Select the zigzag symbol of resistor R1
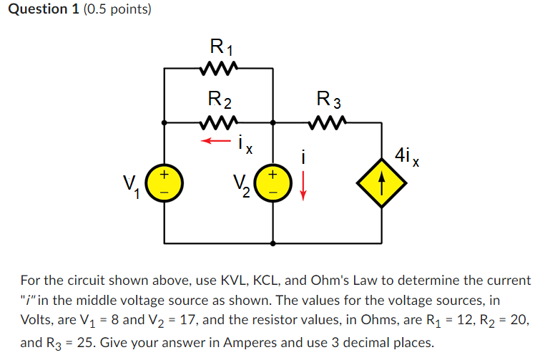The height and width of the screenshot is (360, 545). tap(219, 69)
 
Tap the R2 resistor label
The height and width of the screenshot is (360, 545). tap(219, 99)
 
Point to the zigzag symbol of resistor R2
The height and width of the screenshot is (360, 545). tap(219, 122)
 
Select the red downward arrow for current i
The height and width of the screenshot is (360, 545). tap(303, 187)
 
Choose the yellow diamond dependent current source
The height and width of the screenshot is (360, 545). tap(382, 184)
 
